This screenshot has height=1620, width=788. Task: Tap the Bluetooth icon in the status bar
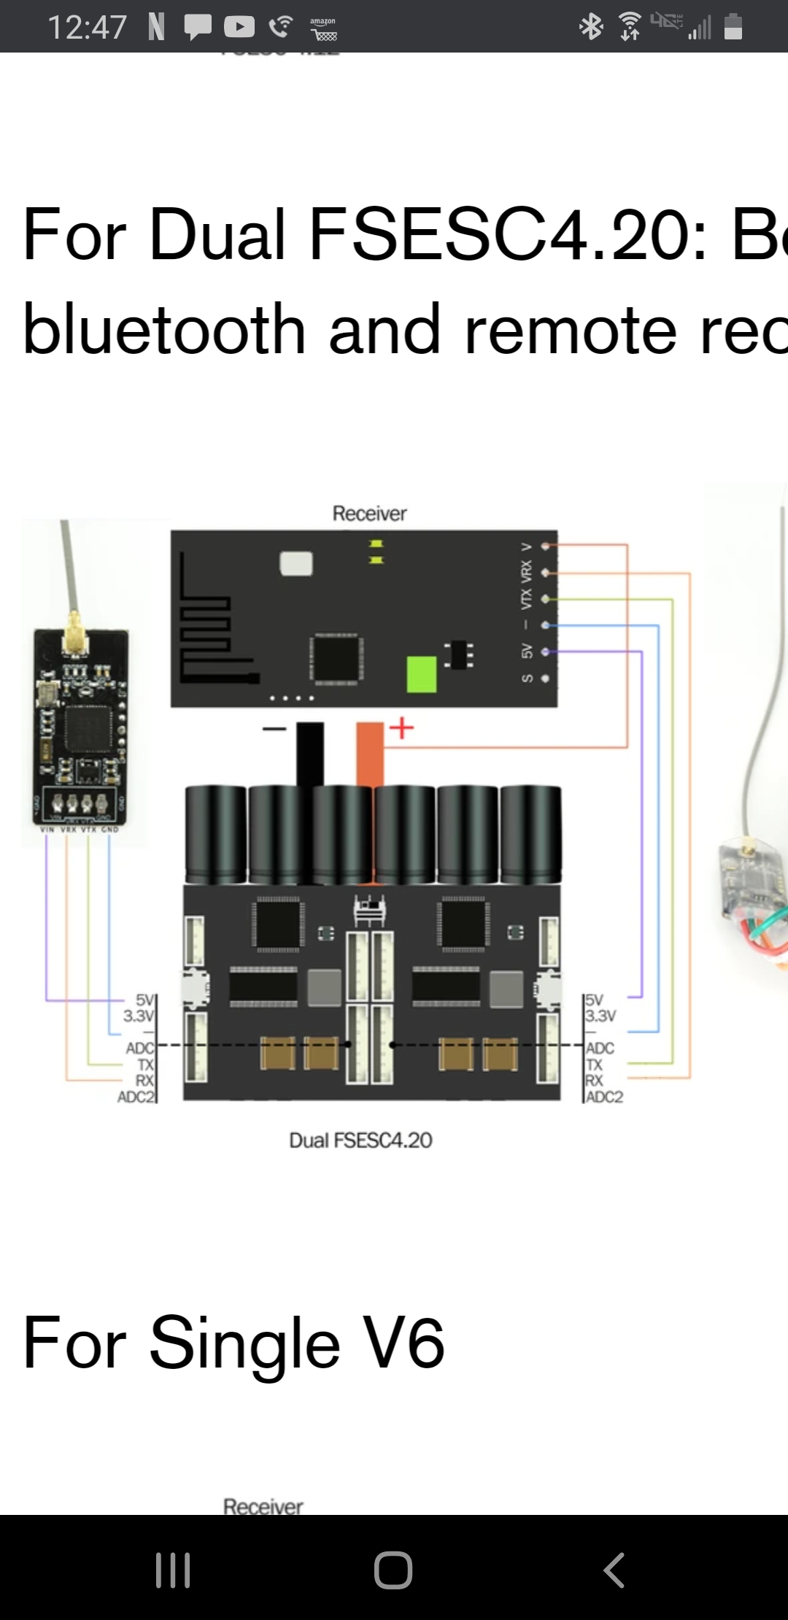(591, 28)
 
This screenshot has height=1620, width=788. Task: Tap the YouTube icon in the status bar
(239, 27)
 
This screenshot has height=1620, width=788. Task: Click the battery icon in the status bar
(733, 27)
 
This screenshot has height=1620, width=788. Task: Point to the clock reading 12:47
(87, 28)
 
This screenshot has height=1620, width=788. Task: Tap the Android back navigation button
(614, 1570)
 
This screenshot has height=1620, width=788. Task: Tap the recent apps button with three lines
(173, 1570)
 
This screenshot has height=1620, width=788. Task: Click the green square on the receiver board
(421, 674)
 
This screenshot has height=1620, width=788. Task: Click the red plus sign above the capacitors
(401, 728)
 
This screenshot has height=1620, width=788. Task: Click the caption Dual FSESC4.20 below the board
(360, 1141)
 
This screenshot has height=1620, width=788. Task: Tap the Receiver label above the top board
(369, 514)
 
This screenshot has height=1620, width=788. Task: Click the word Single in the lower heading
(244, 1343)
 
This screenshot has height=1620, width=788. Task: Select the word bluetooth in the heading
(163, 330)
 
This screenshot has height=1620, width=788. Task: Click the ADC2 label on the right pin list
(605, 1097)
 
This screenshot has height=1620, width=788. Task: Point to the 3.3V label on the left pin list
(138, 1016)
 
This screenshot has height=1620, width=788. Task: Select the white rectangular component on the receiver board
(296, 563)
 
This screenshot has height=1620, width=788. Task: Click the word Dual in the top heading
(217, 234)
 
